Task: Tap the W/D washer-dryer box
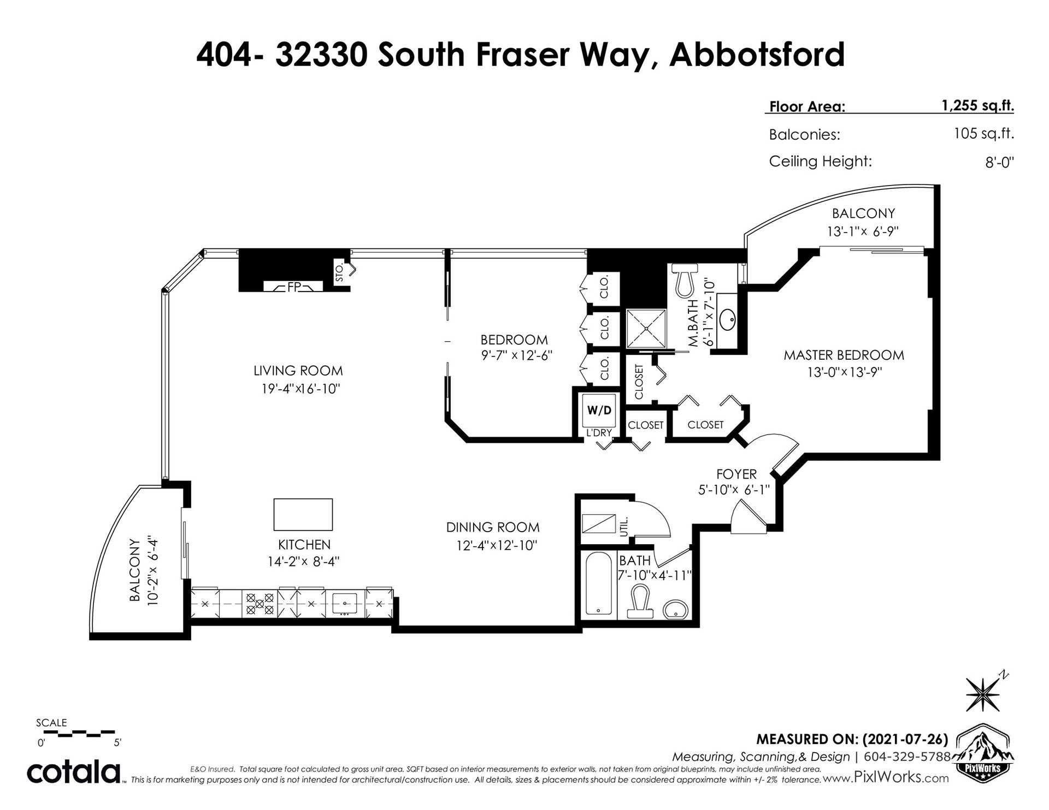tap(599, 409)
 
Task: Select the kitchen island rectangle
tap(303, 514)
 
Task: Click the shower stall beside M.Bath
tap(646, 327)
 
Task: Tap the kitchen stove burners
tap(260, 604)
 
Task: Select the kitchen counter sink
tap(345, 604)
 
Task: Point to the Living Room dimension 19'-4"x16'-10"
tap(298, 389)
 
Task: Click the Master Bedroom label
tap(844, 355)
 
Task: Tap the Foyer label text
tap(736, 474)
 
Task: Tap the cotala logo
tap(74, 772)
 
